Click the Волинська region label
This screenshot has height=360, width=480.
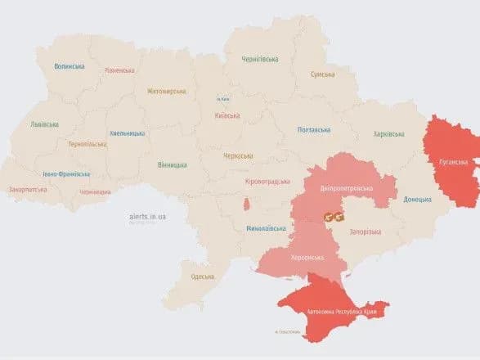tap(70, 66)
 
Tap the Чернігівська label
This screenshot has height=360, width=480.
tap(259, 59)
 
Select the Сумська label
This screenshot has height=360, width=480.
tap(322, 74)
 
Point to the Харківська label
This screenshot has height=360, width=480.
tap(389, 133)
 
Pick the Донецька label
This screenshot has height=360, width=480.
tap(418, 199)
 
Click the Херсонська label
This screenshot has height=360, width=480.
tap(310, 256)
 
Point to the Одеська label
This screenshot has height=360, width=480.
tap(203, 277)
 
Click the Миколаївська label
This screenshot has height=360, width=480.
tap(265, 229)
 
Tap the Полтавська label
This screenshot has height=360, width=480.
tap(312, 129)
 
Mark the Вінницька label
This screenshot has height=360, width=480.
tap(173, 164)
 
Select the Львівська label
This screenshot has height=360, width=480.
tap(44, 124)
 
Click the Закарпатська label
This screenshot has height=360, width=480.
tap(28, 190)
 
